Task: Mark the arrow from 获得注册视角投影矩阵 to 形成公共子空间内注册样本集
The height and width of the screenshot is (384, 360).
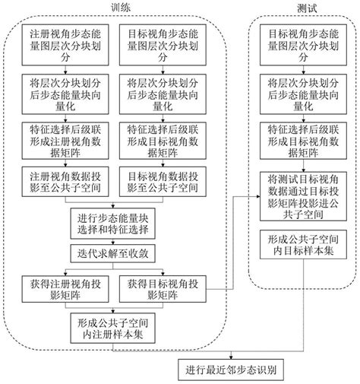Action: pyautogui.click(x=76, y=307)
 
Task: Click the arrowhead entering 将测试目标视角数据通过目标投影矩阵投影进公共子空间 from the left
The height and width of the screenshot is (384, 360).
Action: pyautogui.click(x=254, y=193)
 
